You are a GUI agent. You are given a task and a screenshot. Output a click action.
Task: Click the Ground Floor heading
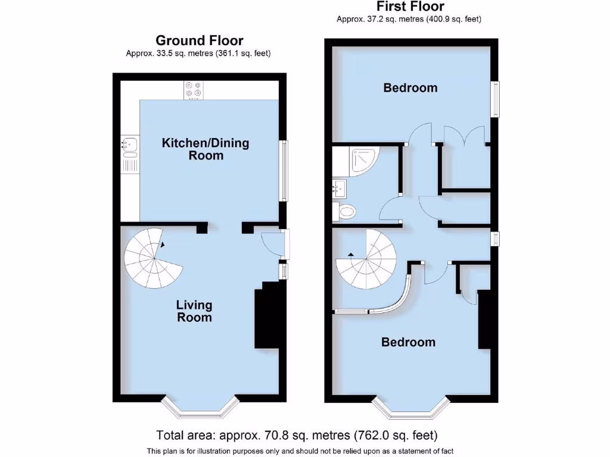(199, 40)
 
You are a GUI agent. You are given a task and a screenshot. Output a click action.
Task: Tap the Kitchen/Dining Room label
(206, 149)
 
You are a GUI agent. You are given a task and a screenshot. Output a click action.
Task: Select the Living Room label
(194, 311)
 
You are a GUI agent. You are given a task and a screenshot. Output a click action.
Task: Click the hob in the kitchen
(193, 89)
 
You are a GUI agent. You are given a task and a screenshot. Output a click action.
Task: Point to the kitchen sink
(129, 147)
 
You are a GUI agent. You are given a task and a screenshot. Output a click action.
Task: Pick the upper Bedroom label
(410, 88)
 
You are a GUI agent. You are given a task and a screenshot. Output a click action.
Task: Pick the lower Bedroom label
(408, 342)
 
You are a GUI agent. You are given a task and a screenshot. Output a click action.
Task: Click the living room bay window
(197, 408)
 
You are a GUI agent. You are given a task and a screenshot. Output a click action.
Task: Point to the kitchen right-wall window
(284, 171)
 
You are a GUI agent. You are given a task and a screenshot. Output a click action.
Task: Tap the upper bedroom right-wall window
(495, 99)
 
